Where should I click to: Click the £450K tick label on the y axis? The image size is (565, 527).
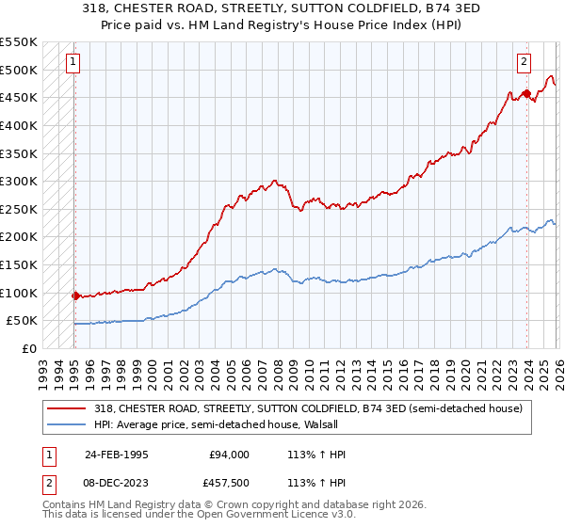pos(19,97)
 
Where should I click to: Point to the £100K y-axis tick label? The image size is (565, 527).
pos(19,293)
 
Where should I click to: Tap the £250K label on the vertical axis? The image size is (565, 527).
pos(19,209)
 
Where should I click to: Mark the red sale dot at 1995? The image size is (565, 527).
pos(75,295)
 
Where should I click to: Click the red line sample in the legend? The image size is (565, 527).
pos(67,408)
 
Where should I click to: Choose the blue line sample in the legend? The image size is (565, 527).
pos(67,424)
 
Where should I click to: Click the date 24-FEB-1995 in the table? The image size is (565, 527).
pos(117,455)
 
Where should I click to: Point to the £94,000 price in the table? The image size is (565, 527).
pos(230,455)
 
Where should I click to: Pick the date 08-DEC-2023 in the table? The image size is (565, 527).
pos(117,485)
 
